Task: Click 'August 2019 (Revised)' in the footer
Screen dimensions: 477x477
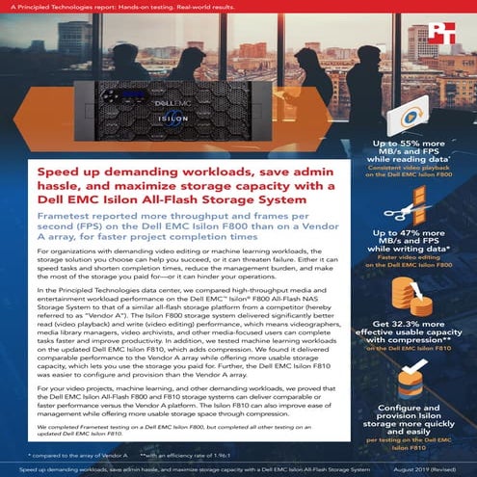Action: tap(425, 468)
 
